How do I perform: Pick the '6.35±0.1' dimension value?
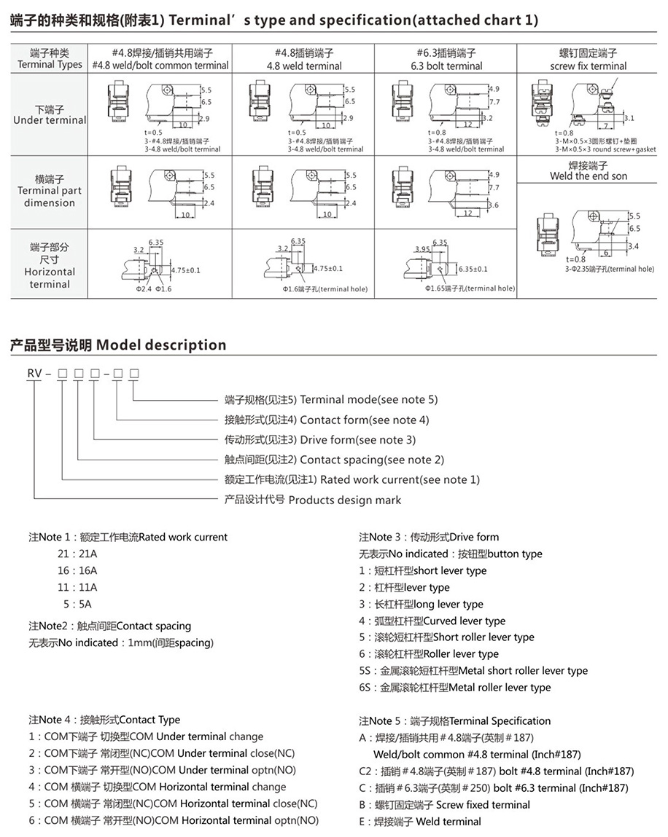473,270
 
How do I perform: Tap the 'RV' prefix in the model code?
34,374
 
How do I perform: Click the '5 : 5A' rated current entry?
77,604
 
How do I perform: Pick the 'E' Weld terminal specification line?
420,822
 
